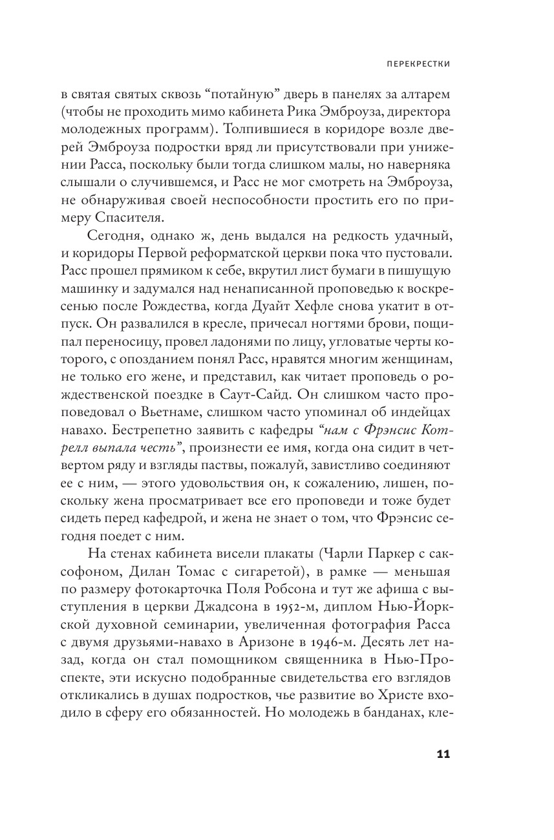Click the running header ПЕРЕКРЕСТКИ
(x=414, y=65)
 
